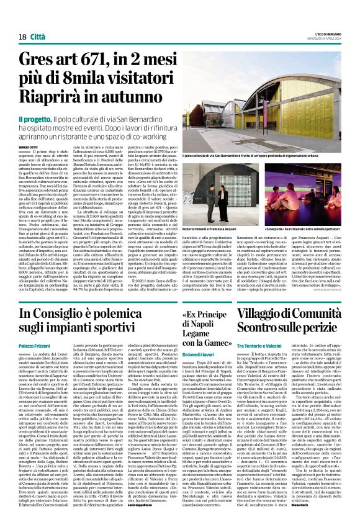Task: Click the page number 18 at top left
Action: click(22, 37)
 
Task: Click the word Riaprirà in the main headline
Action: click(62, 97)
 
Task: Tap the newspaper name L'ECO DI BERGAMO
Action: click(325, 32)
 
